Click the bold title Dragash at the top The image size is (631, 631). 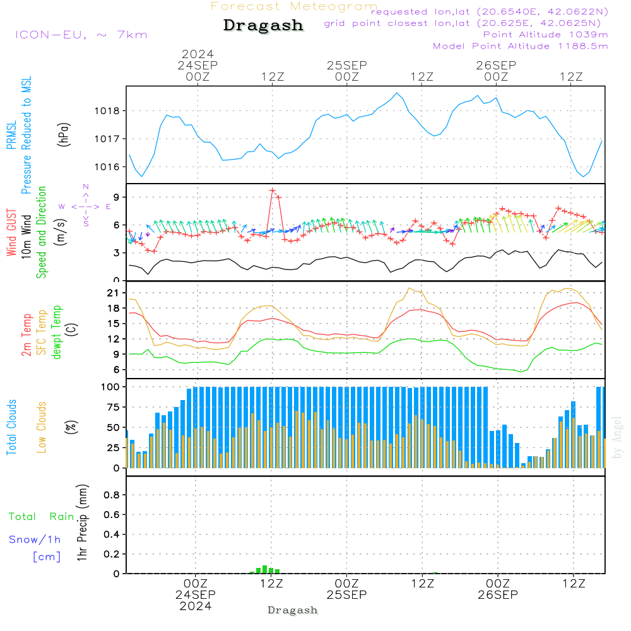point(263,25)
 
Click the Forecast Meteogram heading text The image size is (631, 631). point(294,6)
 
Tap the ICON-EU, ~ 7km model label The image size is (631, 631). point(81,35)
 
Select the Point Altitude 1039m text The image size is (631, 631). point(545,34)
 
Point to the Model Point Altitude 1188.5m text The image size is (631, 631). point(521,46)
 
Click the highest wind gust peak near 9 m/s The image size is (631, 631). point(273,190)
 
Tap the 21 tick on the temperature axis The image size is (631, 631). point(114,293)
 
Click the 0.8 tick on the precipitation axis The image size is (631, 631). point(112,495)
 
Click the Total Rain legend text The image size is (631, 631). point(41,517)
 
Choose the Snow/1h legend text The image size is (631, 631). point(35,540)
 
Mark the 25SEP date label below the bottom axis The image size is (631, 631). point(346,594)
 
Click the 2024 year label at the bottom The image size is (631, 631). point(196,606)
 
